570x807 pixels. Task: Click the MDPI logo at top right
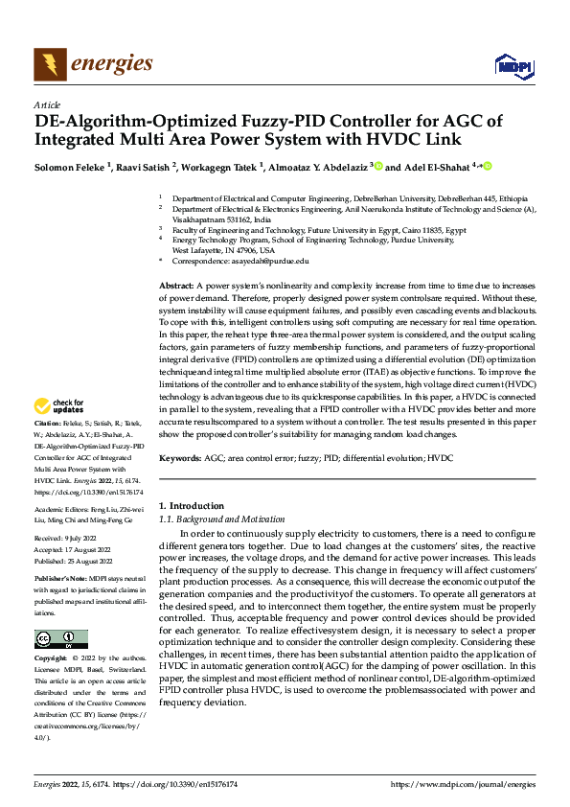(513, 65)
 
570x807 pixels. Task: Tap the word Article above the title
(47, 104)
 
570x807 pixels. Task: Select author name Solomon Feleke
(69, 167)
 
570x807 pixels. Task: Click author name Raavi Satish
(145, 167)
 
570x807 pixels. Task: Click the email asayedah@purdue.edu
(272, 261)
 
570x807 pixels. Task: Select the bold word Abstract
(175, 287)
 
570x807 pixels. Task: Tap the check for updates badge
(61, 433)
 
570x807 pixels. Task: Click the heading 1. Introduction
(190, 505)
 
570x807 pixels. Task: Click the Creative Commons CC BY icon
(60, 639)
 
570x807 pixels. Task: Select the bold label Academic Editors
(62, 511)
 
